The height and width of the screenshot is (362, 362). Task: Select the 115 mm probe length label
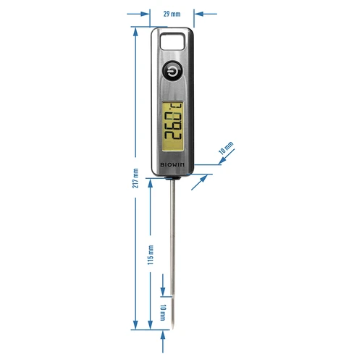[x=151, y=254]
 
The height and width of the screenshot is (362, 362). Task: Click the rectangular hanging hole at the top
[x=172, y=42]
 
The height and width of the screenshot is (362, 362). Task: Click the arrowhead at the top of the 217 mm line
[x=135, y=32]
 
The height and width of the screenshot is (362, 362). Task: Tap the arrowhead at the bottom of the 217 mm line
[x=135, y=327]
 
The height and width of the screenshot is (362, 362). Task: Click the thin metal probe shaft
[x=172, y=239]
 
